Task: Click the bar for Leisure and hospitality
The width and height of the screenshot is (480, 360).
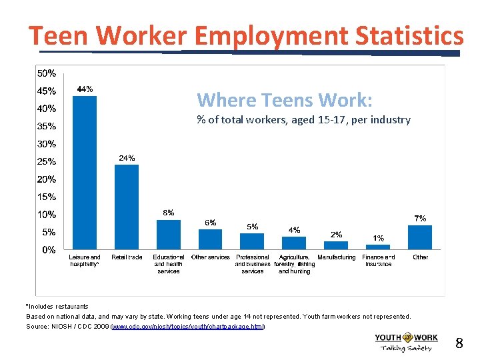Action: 85,173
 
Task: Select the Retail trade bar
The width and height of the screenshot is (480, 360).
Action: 127,207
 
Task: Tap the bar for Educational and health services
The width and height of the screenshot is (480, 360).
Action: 169,235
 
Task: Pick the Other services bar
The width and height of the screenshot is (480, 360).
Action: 211,239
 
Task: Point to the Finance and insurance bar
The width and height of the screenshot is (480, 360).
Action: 378,248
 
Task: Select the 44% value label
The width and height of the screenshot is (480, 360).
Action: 85,89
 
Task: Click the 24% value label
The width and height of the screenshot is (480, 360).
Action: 127,158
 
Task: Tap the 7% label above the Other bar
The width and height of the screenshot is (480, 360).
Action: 420,218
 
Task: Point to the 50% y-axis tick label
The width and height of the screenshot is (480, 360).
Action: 47,73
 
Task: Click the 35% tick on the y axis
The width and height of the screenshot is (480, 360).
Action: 47,126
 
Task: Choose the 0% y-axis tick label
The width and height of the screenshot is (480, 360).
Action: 49,250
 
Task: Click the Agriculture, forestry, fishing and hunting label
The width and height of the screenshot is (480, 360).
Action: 294,264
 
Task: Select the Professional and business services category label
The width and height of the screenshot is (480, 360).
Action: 253,264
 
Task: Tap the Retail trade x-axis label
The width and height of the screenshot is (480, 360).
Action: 127,257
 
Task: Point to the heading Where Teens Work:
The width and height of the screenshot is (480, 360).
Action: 285,100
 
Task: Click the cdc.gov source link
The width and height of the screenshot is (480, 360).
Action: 188,327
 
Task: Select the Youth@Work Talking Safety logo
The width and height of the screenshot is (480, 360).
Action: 406,342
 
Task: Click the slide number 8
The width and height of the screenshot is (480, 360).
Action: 459,344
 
